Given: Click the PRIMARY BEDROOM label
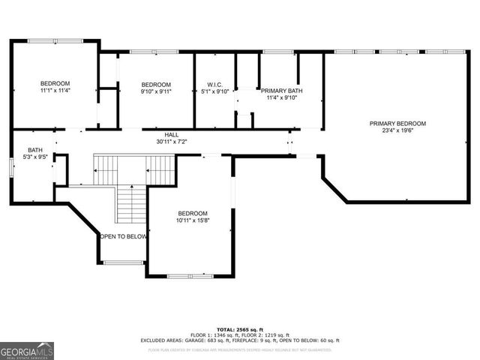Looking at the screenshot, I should coord(397,123).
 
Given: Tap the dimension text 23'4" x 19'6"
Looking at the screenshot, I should coord(397,131).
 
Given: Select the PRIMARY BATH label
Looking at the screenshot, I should coord(281,90).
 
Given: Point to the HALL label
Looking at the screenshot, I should coord(172,134).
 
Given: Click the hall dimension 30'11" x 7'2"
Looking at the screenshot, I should coord(172,142).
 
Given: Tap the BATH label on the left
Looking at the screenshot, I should coord(35,150).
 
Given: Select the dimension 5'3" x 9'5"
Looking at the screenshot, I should coord(35,157).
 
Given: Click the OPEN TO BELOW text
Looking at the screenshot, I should coord(123,236).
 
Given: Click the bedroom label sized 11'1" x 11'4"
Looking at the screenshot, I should coord(55,82).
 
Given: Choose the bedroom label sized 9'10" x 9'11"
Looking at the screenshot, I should coord(156,84).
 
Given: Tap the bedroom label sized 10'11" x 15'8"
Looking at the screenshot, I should coord(192,213).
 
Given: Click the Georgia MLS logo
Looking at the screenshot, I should coord(27,350).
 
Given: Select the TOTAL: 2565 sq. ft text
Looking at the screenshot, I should coord(239,329).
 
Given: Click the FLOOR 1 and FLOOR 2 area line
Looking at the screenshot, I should coord(239,335).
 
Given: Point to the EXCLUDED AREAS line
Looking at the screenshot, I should coord(239,341).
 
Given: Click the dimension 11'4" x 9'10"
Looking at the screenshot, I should coord(281,97).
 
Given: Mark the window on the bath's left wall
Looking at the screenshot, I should coord(10,166).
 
